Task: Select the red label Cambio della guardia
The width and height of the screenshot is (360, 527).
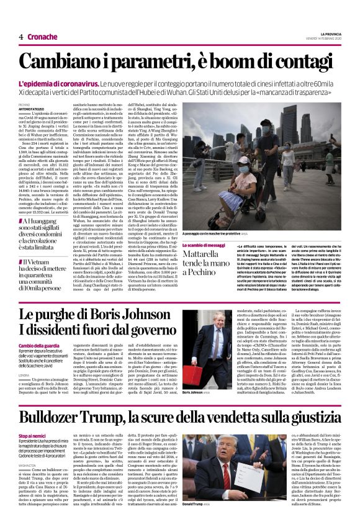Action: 37,345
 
